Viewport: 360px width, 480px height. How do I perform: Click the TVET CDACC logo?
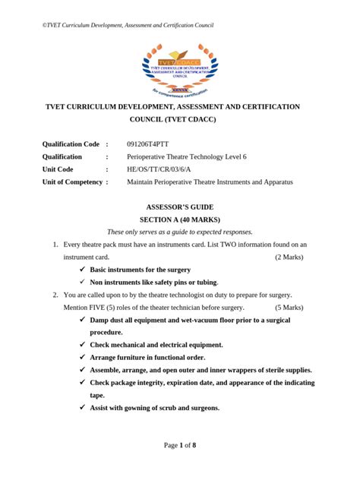click(x=179, y=68)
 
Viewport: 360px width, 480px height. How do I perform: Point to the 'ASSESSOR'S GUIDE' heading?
click(x=179, y=207)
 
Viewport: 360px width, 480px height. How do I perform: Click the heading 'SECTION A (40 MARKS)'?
click(x=179, y=219)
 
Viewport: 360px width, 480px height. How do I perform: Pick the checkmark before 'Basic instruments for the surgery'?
click(x=82, y=270)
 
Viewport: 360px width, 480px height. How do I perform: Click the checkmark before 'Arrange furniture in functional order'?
click(x=82, y=357)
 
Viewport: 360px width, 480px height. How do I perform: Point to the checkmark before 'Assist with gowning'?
click(x=82, y=408)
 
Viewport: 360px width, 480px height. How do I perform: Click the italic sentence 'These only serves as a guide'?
click(x=179, y=232)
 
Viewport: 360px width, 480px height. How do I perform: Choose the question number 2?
click(x=55, y=295)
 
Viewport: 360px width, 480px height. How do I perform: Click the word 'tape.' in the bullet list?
click(x=98, y=395)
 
